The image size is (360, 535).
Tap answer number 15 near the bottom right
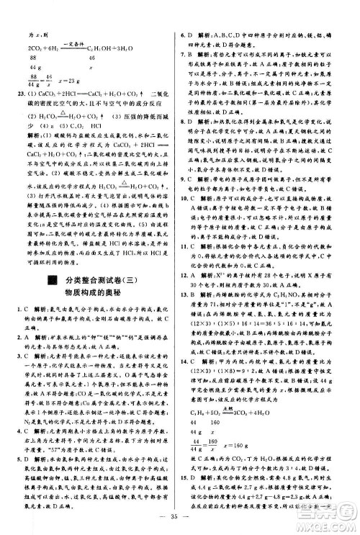click(184, 477)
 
